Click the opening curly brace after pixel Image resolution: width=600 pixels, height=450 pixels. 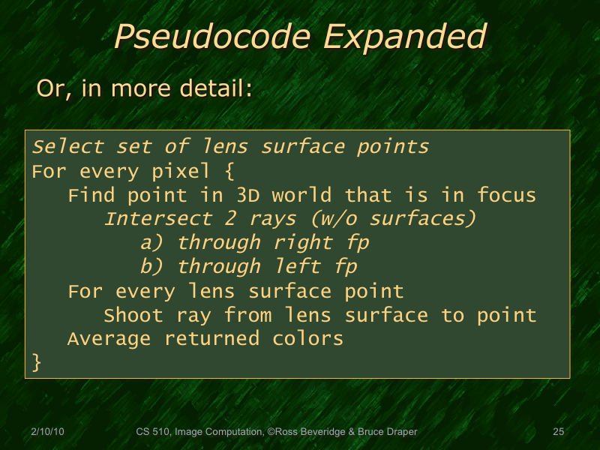[x=229, y=172]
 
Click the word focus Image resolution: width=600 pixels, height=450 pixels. [x=507, y=196]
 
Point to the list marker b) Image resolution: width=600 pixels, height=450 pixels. [x=153, y=267]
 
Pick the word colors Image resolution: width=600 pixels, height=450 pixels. [x=307, y=339]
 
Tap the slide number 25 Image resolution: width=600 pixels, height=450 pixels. [x=558, y=432]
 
